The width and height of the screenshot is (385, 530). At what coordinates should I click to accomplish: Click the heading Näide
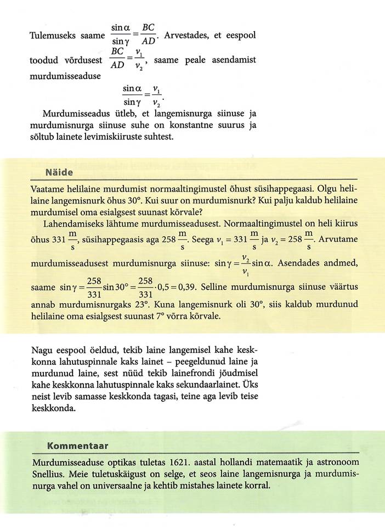tap(59, 172)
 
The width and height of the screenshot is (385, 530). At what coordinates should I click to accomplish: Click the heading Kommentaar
tap(78, 445)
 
